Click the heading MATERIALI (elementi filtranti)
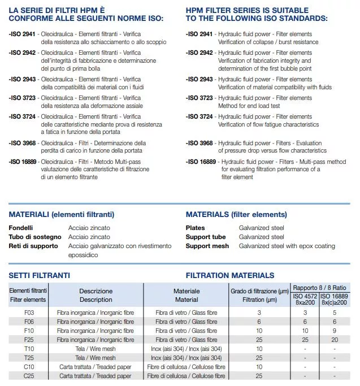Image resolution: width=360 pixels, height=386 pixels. coord(62,215)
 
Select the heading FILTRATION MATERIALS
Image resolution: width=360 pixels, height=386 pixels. coord(230,275)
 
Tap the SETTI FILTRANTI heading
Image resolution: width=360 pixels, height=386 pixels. coord(39,275)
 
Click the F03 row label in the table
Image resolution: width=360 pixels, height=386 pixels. coord(28,312)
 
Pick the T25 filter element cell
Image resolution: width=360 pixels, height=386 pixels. coord(28,358)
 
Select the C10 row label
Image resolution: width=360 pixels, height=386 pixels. coord(28,367)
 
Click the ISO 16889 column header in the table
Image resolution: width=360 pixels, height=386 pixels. coord(335,300)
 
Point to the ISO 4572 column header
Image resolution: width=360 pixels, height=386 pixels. coord(305,300)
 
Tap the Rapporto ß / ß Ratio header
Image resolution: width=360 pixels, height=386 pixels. coord(320,288)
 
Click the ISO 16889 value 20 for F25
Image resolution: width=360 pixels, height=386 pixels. coord(335,340)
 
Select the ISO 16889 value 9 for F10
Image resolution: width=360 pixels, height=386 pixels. coord(335,331)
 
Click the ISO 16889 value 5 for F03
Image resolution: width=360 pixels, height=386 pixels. coord(335,312)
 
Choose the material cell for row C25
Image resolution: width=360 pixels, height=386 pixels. coord(186,376)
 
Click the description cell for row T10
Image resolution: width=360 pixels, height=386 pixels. coord(95,349)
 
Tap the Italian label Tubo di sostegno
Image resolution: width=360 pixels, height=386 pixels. coord(34,237)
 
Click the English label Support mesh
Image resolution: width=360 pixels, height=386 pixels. coord(207,246)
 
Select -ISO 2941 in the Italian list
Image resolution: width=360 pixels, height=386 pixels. coord(22,34)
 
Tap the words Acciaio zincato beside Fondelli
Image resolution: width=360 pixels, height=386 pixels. coord(89,228)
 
